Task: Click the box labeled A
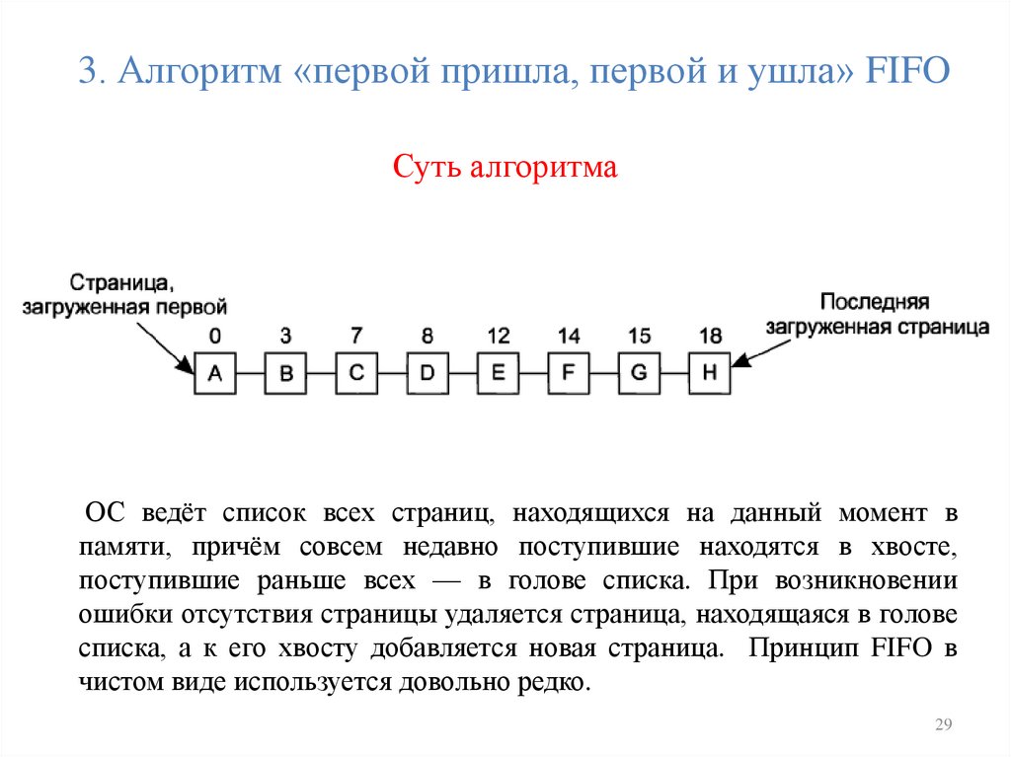pos(214,373)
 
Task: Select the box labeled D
pos(428,373)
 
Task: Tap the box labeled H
pos(710,373)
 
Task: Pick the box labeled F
pos(568,373)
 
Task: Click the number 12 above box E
pos(498,336)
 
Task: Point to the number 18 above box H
pos(710,336)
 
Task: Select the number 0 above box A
pos(215,336)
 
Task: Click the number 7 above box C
pos(356,336)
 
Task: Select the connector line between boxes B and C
pos(321,373)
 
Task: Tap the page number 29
pos(942,726)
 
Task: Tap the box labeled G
pos(639,373)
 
